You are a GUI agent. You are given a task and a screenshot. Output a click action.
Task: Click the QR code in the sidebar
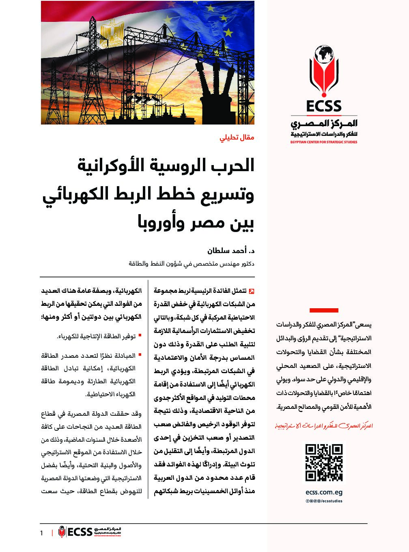point(324,463)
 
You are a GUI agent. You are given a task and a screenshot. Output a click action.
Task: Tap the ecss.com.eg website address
point(324,492)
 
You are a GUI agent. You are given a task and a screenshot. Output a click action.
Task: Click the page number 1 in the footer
point(41,533)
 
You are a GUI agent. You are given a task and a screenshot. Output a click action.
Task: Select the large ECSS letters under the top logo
point(324,106)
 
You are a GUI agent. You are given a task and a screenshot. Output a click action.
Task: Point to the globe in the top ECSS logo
point(324,54)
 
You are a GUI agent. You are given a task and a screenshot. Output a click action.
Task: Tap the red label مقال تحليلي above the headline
point(237,137)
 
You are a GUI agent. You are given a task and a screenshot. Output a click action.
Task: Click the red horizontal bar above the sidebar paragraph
point(324,310)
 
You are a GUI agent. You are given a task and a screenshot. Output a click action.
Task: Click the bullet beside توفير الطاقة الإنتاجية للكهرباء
point(140,336)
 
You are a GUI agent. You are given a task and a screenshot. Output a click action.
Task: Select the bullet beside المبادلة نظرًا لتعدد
point(140,355)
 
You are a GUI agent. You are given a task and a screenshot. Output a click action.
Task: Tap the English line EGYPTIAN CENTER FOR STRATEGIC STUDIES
point(324,142)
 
